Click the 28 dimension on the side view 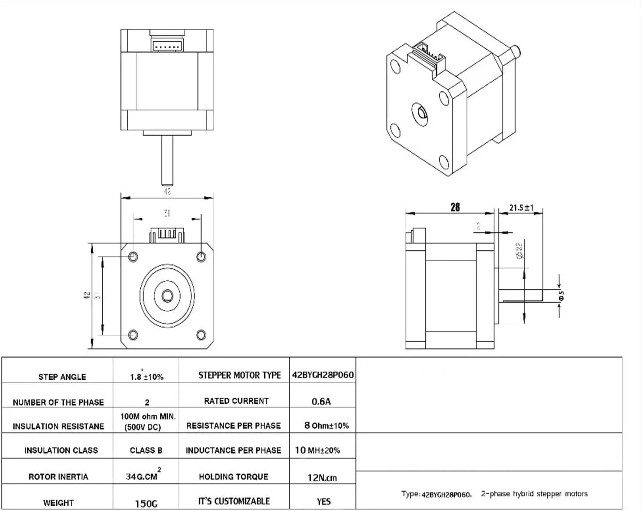455,207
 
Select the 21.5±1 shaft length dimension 521,207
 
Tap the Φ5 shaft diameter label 561,296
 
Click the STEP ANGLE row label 62,377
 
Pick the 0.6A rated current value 321,401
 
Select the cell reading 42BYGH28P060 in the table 323,375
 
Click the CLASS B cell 146,450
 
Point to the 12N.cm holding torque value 322,478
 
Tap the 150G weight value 146,504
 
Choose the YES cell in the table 323,501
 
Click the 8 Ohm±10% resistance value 326,425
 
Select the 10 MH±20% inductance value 317,450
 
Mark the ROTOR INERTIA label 58,476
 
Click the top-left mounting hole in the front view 133,256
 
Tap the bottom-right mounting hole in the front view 201,335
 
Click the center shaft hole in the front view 167,295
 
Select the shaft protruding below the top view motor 167,160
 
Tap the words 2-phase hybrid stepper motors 534,494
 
